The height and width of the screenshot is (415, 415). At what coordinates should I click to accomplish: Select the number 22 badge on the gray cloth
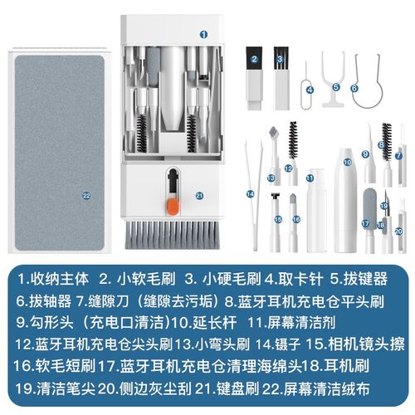coord(85,195)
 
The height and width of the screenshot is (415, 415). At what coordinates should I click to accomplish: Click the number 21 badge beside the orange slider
coord(199,196)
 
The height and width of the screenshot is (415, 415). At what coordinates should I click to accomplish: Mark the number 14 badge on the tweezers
coord(249,193)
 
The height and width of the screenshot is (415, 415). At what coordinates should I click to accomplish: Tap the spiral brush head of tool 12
coord(291,141)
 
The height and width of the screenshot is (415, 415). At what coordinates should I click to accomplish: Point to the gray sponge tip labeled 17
coord(366,203)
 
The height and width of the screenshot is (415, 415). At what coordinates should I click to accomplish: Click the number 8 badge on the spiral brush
coord(380,144)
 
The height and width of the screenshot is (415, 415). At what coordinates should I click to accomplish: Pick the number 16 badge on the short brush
coord(295,219)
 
